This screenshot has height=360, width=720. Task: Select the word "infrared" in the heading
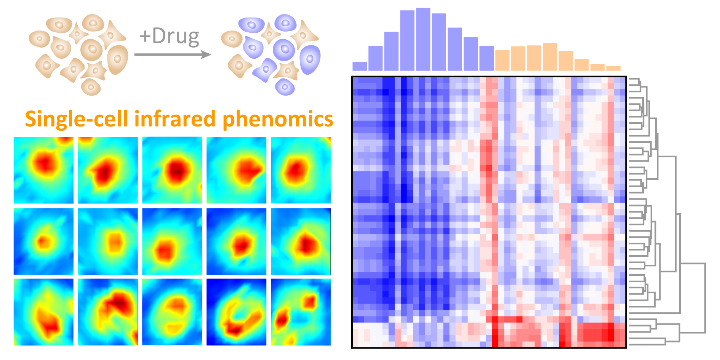(x=175, y=119)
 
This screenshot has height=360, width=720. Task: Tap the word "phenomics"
(x=278, y=120)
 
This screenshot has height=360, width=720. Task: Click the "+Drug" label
(x=169, y=37)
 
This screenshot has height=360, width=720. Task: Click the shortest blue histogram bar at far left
(x=360, y=66)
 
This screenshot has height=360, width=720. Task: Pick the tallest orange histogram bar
(x=550, y=57)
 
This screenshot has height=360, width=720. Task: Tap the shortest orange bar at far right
(x=613, y=69)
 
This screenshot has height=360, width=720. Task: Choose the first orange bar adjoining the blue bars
(x=502, y=60)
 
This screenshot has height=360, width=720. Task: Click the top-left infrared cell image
(x=43, y=170)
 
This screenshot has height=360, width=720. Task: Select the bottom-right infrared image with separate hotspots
(x=301, y=312)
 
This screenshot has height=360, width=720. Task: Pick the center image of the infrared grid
(x=172, y=241)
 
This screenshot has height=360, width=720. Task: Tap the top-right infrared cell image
(x=301, y=170)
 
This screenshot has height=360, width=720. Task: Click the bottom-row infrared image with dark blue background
(x=236, y=312)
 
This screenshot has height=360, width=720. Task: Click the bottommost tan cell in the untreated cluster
(x=91, y=87)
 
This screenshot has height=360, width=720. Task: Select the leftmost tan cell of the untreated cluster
(x=39, y=39)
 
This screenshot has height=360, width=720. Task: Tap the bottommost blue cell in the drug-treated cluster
(x=285, y=87)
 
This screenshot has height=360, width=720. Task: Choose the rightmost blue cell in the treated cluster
(x=310, y=59)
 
